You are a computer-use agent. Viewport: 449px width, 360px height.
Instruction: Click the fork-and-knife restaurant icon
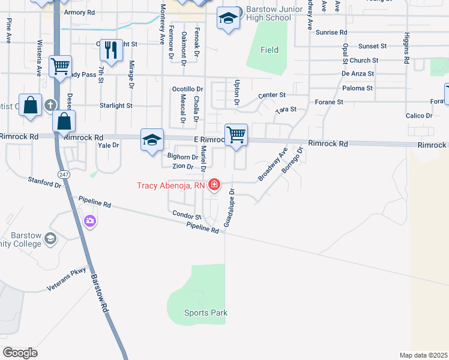pyautogui.click(x=110, y=50)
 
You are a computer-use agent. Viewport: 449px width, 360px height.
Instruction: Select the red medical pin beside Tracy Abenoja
pyautogui.click(x=214, y=185)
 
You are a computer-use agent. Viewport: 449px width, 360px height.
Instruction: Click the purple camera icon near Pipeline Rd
pyautogui.click(x=90, y=221)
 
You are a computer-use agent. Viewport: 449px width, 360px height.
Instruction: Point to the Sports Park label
pyautogui.click(x=206, y=313)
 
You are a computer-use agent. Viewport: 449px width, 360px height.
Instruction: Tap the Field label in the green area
pyautogui.click(x=270, y=50)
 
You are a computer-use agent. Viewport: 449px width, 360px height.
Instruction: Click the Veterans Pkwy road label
pyautogui.click(x=67, y=280)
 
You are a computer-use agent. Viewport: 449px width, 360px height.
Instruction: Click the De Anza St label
pyautogui.click(x=358, y=73)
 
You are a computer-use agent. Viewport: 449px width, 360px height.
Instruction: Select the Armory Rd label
pyautogui.click(x=79, y=12)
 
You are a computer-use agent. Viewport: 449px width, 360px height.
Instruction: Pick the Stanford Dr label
pyautogui.click(x=45, y=182)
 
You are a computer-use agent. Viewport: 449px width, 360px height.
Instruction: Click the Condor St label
pyautogui.click(x=186, y=214)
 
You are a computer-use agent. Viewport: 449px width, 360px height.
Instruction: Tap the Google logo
pyautogui.click(x=20, y=352)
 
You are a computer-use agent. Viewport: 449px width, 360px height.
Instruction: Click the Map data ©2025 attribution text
pyautogui.click(x=423, y=355)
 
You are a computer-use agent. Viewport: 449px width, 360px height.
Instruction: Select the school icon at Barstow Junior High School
pyautogui.click(x=228, y=19)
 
